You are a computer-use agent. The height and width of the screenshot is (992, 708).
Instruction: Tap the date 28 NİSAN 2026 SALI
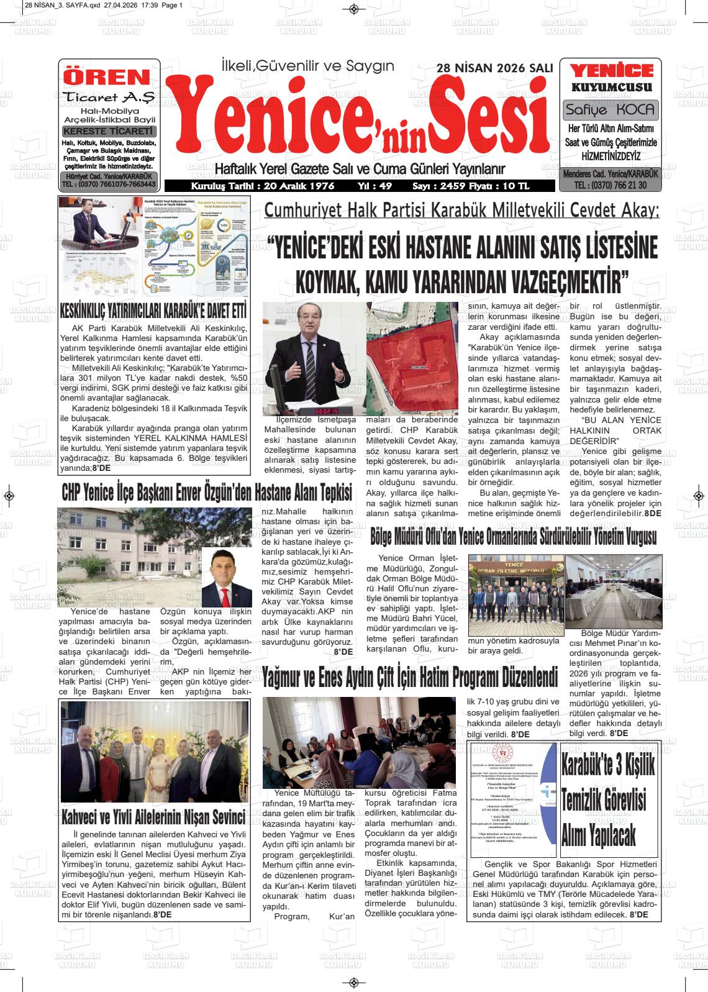(x=494, y=68)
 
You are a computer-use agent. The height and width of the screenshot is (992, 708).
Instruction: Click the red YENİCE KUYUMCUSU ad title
(x=611, y=78)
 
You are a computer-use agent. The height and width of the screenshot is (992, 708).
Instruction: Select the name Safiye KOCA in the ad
(x=610, y=110)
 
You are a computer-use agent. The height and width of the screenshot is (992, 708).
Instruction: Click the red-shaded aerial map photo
(x=411, y=358)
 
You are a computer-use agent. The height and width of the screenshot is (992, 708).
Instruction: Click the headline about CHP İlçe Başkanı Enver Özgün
(x=207, y=493)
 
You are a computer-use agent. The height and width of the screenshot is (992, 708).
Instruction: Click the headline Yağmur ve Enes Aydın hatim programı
(x=410, y=676)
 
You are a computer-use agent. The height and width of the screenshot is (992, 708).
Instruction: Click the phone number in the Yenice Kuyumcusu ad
(x=610, y=185)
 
